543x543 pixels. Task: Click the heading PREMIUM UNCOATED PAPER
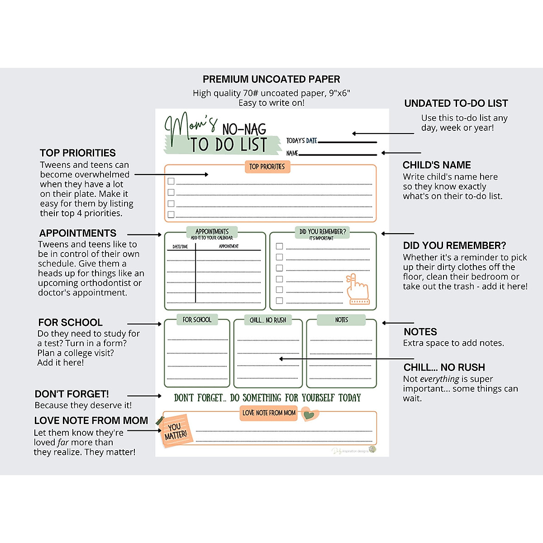pyautogui.click(x=271, y=79)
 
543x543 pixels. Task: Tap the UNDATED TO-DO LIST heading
pyautogui.click(x=456, y=103)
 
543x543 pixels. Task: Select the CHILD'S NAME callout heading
pyautogui.click(x=437, y=165)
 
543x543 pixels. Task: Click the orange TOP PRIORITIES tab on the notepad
pyautogui.click(x=267, y=167)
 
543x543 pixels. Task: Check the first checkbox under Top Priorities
pyautogui.click(x=171, y=181)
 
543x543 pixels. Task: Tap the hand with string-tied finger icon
pyautogui.click(x=358, y=290)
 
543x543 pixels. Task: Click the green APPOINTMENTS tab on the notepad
pyautogui.click(x=212, y=232)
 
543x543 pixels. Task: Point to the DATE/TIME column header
pyautogui.click(x=180, y=247)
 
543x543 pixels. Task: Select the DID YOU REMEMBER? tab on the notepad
pyautogui.click(x=322, y=232)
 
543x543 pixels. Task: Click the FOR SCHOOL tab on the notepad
pyautogui.click(x=197, y=320)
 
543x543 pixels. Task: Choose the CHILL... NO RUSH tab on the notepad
pyautogui.click(x=268, y=320)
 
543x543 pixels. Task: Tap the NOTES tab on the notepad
pyautogui.click(x=341, y=320)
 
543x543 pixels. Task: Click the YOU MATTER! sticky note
pyautogui.click(x=175, y=431)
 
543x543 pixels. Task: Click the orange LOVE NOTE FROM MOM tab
pyautogui.click(x=269, y=413)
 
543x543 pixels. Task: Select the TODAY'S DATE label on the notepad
pyautogui.click(x=301, y=141)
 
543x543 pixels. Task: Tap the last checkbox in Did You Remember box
pyautogui.click(x=279, y=300)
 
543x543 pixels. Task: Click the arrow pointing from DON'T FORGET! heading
pyautogui.click(x=144, y=396)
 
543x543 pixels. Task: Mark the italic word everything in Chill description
pyautogui.click(x=439, y=379)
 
